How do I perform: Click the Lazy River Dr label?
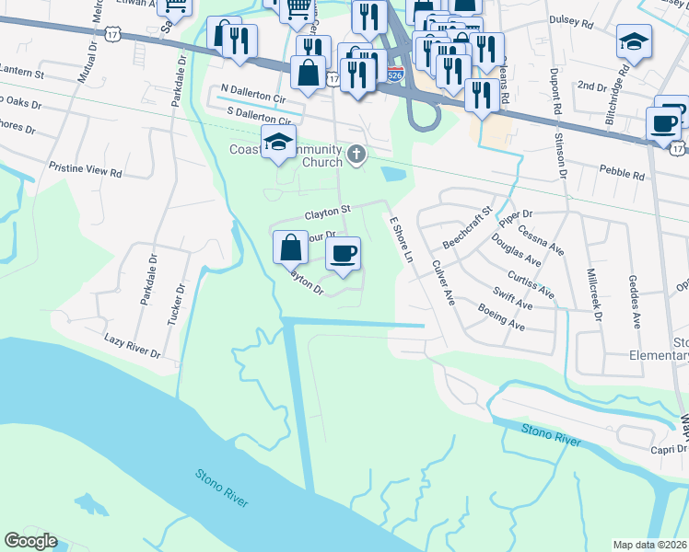point(133,347)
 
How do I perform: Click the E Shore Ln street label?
point(400,238)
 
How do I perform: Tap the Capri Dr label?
point(667,450)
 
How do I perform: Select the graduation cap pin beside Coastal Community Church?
point(277,143)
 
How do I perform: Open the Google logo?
point(30,541)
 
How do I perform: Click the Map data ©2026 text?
point(650,545)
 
